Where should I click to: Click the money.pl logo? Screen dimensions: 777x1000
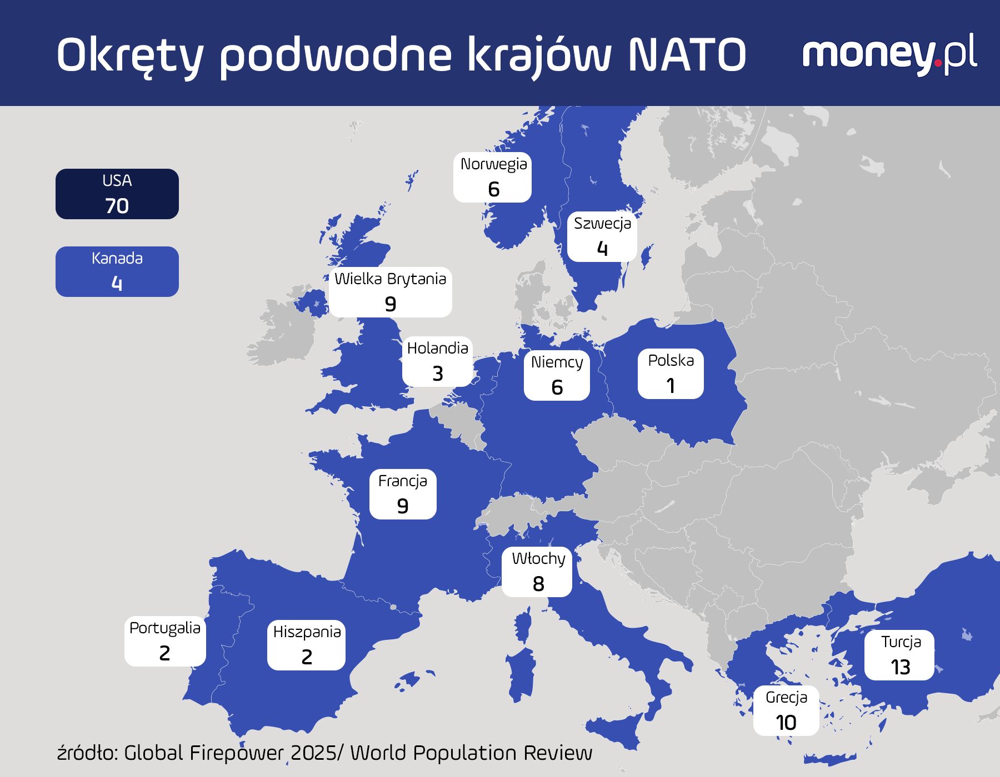click(889, 54)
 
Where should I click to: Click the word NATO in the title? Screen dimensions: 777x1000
click(687, 56)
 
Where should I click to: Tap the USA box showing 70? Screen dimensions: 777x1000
click(117, 194)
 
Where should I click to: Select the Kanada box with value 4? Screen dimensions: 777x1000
click(117, 271)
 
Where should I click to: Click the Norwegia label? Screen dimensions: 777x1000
click(493, 177)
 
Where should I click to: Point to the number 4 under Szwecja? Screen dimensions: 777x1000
click(602, 249)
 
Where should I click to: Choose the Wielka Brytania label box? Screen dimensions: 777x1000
click(390, 292)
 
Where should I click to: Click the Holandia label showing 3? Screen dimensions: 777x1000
click(437, 361)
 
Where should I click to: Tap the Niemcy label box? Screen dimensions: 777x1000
click(557, 375)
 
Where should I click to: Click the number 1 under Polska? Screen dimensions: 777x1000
click(671, 386)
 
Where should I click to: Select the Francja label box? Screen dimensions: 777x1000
click(403, 494)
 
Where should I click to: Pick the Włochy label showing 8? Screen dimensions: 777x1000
click(537, 572)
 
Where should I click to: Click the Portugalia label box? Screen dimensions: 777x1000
click(165, 641)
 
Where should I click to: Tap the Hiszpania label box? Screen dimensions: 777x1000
click(307, 645)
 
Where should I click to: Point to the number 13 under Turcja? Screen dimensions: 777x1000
click(900, 667)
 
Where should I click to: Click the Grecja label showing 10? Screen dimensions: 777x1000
click(786, 711)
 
